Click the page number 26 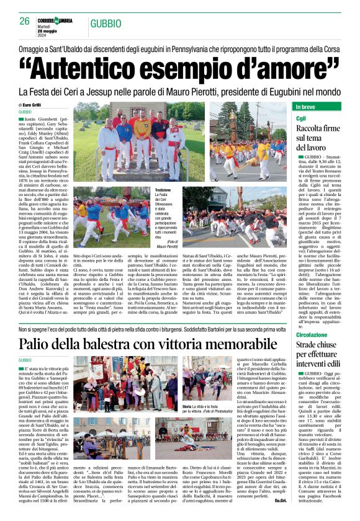pyautogui.click(x=25, y=21)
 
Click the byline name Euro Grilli pyautogui.click(x=36, y=105)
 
